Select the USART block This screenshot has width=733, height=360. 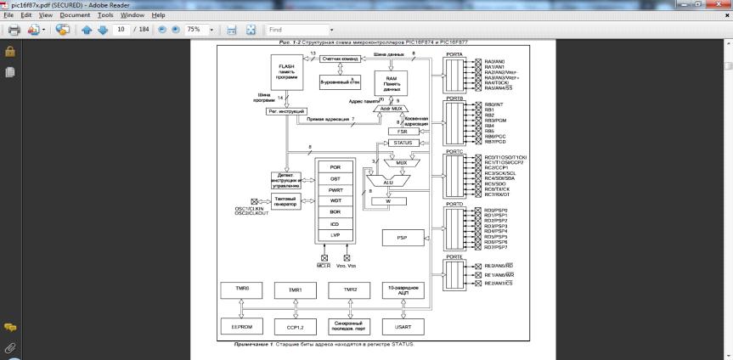point(403,325)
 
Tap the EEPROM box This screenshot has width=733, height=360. point(240,325)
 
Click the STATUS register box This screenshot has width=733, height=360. point(403,143)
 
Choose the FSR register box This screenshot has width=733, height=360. point(403,132)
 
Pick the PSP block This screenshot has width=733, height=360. point(403,239)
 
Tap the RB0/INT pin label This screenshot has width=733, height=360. point(494,104)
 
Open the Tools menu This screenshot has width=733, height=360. point(106,15)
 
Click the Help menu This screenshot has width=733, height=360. point(159,15)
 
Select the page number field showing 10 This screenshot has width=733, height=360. point(122,30)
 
